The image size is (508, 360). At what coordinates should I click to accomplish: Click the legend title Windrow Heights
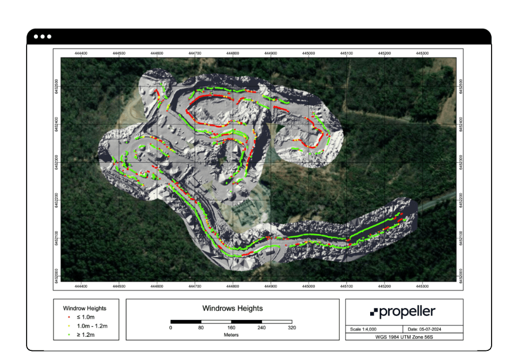85,308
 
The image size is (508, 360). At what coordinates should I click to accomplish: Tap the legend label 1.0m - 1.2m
92,326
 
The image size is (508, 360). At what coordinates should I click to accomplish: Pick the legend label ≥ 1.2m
88,335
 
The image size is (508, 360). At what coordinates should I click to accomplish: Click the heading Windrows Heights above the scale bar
232,309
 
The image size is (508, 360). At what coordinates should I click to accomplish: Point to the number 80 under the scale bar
201,328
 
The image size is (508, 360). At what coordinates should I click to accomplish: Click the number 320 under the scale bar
292,328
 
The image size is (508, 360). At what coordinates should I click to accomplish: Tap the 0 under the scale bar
171,328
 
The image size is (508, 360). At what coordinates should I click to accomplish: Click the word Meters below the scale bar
232,335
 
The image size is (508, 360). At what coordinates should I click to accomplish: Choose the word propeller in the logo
407,312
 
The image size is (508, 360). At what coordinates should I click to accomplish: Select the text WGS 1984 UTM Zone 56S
404,336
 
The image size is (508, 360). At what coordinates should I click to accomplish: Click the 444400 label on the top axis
81,53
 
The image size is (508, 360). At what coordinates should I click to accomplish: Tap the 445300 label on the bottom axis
422,286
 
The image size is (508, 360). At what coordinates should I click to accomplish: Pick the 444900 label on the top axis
271,53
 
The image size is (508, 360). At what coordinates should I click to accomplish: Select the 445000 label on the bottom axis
309,286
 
